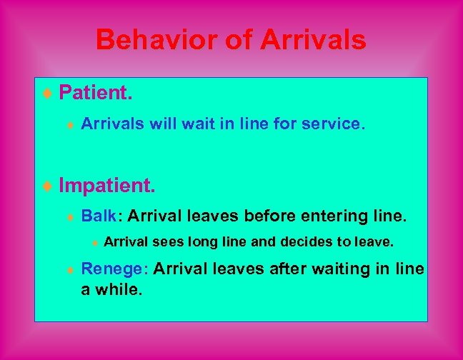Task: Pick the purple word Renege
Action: click(x=114, y=269)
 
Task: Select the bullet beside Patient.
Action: click(x=48, y=94)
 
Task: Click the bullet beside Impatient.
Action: click(x=48, y=187)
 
